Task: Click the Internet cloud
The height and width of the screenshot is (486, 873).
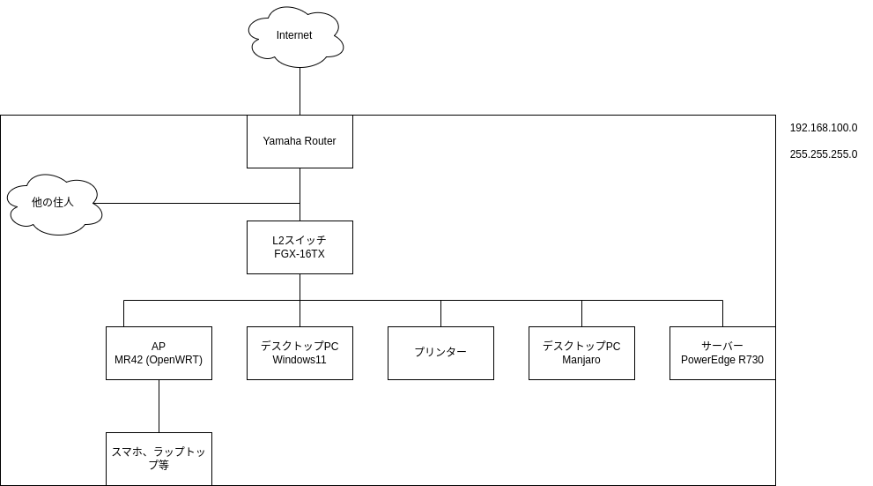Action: point(294,36)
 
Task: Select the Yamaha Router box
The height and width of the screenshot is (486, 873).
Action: point(300,141)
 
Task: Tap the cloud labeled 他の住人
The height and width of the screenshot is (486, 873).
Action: point(53,203)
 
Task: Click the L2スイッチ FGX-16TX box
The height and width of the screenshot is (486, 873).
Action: point(300,247)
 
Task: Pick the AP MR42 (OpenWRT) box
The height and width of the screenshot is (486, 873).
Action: point(159,353)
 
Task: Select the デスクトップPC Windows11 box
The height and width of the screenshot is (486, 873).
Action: point(300,353)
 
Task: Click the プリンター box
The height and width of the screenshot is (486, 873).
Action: point(440,353)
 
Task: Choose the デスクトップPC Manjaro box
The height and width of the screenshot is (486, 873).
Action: point(581,353)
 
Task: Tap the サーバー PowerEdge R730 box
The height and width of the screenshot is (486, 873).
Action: point(722,353)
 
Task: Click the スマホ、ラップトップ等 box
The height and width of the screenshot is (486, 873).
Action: point(159,459)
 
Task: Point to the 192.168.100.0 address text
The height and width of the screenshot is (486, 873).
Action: point(823,128)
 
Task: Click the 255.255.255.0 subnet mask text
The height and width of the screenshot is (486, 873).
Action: point(823,154)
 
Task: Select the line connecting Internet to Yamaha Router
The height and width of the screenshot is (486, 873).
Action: point(300,92)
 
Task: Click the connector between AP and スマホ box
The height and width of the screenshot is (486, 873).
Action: point(159,406)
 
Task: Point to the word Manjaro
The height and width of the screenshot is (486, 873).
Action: point(581,360)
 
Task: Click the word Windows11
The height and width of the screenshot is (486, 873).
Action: point(300,360)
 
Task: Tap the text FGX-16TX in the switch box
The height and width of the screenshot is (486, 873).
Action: point(300,254)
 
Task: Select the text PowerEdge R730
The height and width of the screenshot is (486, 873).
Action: point(722,360)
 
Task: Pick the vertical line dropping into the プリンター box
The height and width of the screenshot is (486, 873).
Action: point(440,313)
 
